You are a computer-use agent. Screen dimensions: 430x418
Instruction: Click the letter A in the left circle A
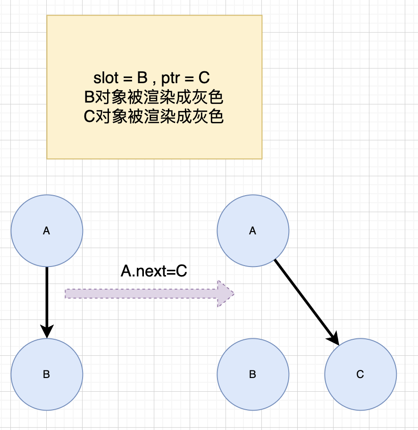pyautogui.click(x=46, y=231)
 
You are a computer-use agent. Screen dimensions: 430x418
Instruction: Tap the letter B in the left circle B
pyautogui.click(x=46, y=375)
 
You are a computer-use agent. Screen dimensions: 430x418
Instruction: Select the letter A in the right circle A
pyautogui.click(x=252, y=231)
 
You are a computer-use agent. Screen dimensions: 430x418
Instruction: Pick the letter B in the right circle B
pyautogui.click(x=252, y=375)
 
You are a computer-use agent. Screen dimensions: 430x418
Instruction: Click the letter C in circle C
pyautogui.click(x=360, y=375)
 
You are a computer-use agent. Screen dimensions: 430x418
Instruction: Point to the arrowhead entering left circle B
pyautogui.click(x=47, y=332)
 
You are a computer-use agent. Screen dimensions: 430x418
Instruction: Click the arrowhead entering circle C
pyautogui.click(x=334, y=339)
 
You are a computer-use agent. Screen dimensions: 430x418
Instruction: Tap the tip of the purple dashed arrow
pyautogui.click(x=233, y=294)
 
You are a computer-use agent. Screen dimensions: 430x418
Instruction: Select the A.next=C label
pyautogui.click(x=154, y=271)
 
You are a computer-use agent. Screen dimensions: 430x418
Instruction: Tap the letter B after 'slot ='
pyautogui.click(x=142, y=78)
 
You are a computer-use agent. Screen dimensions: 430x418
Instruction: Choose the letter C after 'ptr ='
pyautogui.click(x=204, y=78)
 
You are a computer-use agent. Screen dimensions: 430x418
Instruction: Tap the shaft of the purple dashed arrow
pyautogui.click(x=142, y=294)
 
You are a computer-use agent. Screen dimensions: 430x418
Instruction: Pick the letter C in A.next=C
pyautogui.click(x=182, y=271)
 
